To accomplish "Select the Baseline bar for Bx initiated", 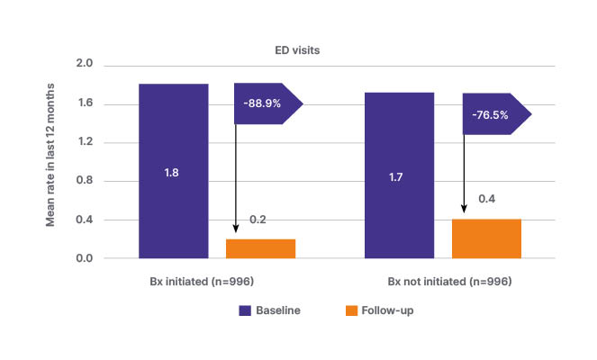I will (x=173, y=171).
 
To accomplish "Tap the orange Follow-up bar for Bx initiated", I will (x=260, y=248).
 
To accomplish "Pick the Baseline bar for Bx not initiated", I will (x=399, y=175).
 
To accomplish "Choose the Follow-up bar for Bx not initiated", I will (x=486, y=238).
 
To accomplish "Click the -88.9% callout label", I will (x=262, y=103).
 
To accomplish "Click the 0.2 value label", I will (x=258, y=220).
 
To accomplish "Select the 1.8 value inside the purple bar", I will (x=173, y=172).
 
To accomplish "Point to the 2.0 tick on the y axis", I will (x=86, y=66).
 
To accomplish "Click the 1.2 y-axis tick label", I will (x=86, y=143).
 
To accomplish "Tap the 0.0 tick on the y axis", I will (x=86, y=259).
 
